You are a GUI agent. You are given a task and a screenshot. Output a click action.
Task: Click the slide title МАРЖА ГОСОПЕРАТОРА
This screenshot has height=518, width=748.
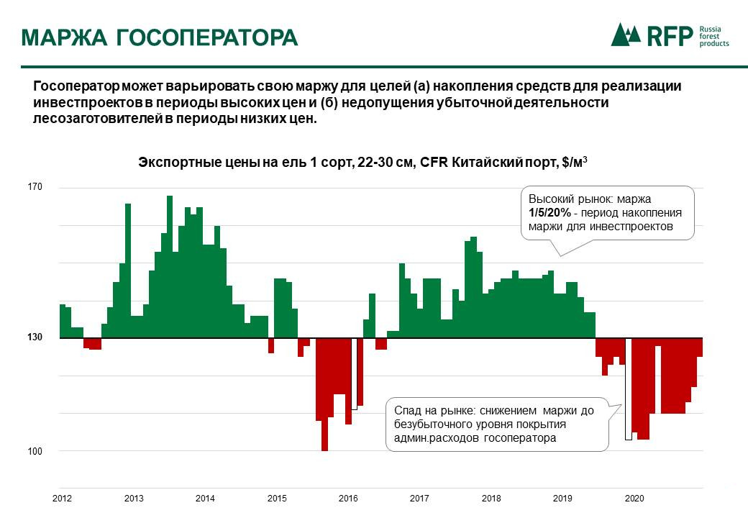[159, 37]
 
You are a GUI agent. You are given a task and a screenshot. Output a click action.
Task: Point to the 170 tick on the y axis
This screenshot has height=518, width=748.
[35, 188]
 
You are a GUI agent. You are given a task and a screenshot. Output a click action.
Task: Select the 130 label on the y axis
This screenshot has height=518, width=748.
[35, 337]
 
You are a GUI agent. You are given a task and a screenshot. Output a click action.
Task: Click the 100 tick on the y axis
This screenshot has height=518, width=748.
[35, 451]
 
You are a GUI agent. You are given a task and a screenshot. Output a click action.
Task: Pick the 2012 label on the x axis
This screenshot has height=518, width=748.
[63, 498]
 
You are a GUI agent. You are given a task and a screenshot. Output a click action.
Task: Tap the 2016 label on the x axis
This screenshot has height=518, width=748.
[348, 498]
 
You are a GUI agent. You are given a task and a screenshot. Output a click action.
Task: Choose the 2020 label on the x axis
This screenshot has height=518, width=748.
[634, 498]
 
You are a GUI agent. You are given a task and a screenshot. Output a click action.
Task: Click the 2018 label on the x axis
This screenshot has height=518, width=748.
[491, 498]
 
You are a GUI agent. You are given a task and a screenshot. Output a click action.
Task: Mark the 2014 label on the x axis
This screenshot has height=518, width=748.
[205, 498]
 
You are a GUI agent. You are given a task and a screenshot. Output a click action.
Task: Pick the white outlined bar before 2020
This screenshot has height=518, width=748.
[628, 388]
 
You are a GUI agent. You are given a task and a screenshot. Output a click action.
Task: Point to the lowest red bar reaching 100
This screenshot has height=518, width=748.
[324, 432]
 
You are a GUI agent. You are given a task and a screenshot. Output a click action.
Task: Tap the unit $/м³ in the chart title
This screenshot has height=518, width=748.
[573, 162]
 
